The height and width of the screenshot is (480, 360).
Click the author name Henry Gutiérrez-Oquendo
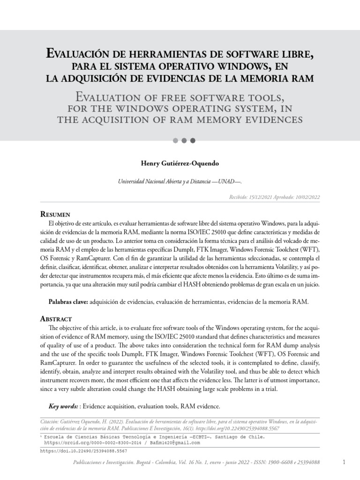click(180, 164)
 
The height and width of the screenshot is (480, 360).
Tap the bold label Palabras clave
click(68, 302)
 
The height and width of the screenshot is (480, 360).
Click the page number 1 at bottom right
click(344, 462)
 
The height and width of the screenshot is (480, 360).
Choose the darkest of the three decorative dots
click(193, 140)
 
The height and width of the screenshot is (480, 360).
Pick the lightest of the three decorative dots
click(176, 140)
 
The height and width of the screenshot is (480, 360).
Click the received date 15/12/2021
click(261, 198)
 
